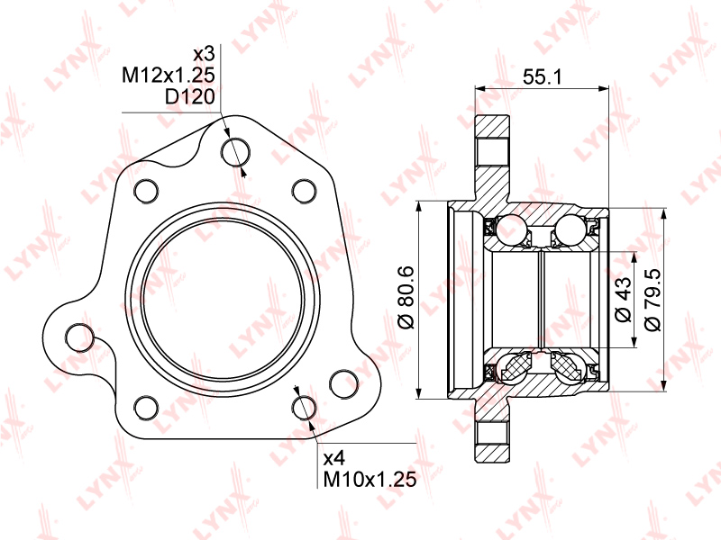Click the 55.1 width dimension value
point(542,76)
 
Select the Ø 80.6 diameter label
point(406,298)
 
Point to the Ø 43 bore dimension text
point(624,299)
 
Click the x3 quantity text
point(205,54)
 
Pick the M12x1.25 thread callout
point(169,75)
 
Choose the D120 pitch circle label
point(190,96)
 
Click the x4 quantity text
point(334,458)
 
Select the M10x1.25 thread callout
point(370,480)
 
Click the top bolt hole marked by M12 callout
point(235,151)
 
